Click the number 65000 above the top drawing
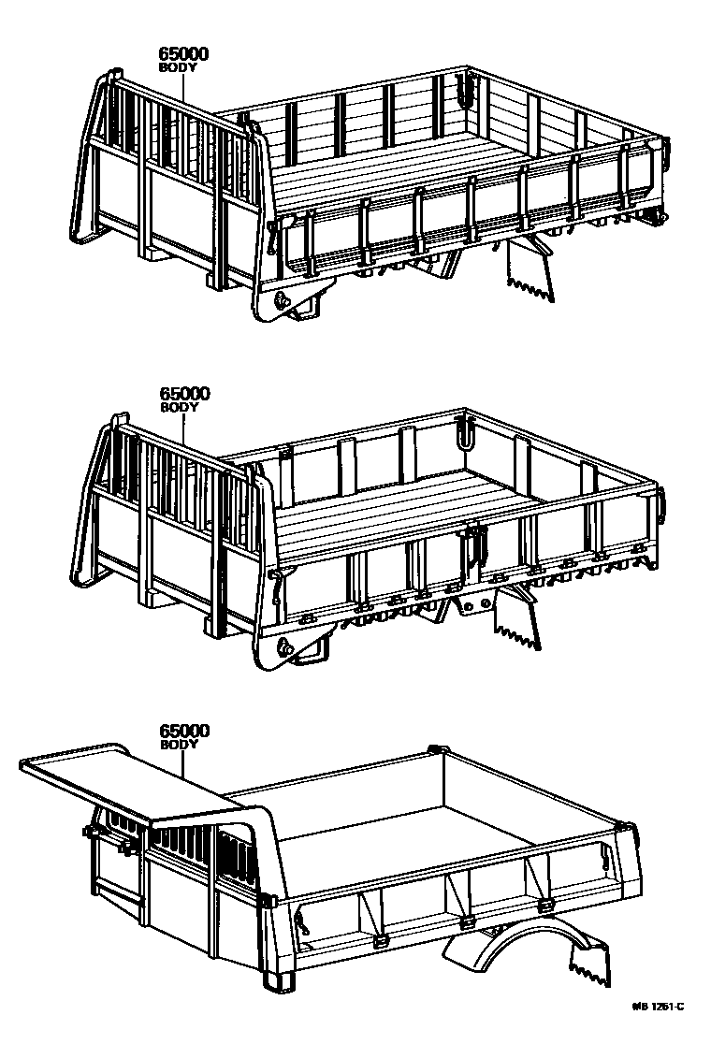pyautogui.click(x=183, y=54)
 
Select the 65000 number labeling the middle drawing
pyautogui.click(x=184, y=395)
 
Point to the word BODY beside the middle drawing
pyautogui.click(x=178, y=408)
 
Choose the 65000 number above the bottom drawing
pyautogui.click(x=184, y=731)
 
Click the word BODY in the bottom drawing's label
pyautogui.click(x=178, y=744)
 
